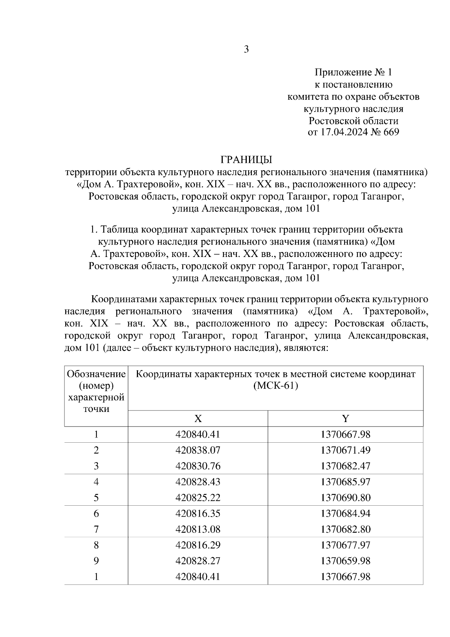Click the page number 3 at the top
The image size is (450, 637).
(x=246, y=50)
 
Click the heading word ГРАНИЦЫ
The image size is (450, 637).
(x=246, y=159)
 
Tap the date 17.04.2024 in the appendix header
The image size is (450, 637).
(x=343, y=132)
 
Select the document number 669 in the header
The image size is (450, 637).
(x=391, y=132)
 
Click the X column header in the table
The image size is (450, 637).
(x=198, y=419)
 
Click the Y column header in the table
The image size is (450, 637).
(x=345, y=419)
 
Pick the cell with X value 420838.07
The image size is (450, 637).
(x=198, y=450)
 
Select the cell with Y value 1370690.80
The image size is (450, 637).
(x=345, y=498)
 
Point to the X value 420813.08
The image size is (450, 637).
(x=198, y=529)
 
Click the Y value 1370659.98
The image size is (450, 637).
(x=345, y=561)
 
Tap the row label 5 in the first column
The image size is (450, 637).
(x=96, y=498)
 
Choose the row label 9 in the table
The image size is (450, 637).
(x=96, y=561)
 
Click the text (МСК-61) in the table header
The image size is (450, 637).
(x=276, y=386)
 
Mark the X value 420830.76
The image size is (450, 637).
(x=198, y=466)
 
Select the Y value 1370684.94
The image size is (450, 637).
(x=345, y=514)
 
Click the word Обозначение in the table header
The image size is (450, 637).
(x=96, y=374)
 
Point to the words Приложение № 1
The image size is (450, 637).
(x=353, y=72)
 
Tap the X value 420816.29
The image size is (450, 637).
(x=198, y=545)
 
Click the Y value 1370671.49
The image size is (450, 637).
(x=345, y=450)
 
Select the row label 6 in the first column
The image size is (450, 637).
(x=96, y=514)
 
